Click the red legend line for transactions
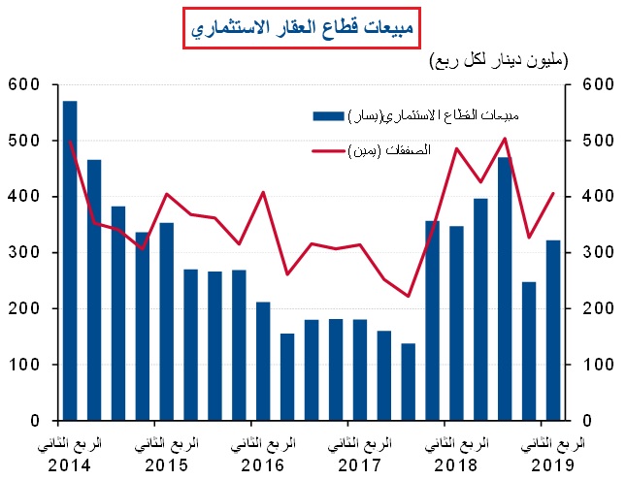pyautogui.click(x=328, y=151)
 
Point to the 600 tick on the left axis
pyautogui.click(x=21, y=85)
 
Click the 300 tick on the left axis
pyautogui.click(x=21, y=253)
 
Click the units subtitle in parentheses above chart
pyautogui.click(x=499, y=61)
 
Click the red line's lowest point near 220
pyautogui.click(x=409, y=296)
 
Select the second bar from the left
pyautogui.click(x=94, y=290)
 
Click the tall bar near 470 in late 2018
pyautogui.click(x=504, y=289)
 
